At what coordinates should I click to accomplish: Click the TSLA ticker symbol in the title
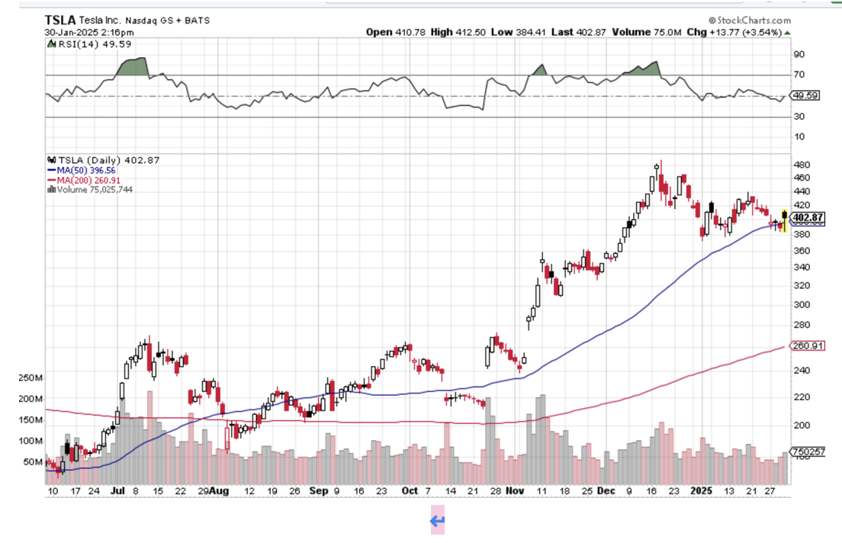(x=59, y=21)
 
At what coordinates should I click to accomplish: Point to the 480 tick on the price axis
(x=802, y=165)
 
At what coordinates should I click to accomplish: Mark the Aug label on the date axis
(x=219, y=491)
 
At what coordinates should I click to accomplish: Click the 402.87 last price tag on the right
(x=808, y=217)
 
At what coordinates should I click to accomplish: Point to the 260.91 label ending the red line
(x=808, y=345)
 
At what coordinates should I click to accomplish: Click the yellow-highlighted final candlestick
(x=784, y=220)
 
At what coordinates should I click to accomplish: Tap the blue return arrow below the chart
(x=437, y=522)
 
